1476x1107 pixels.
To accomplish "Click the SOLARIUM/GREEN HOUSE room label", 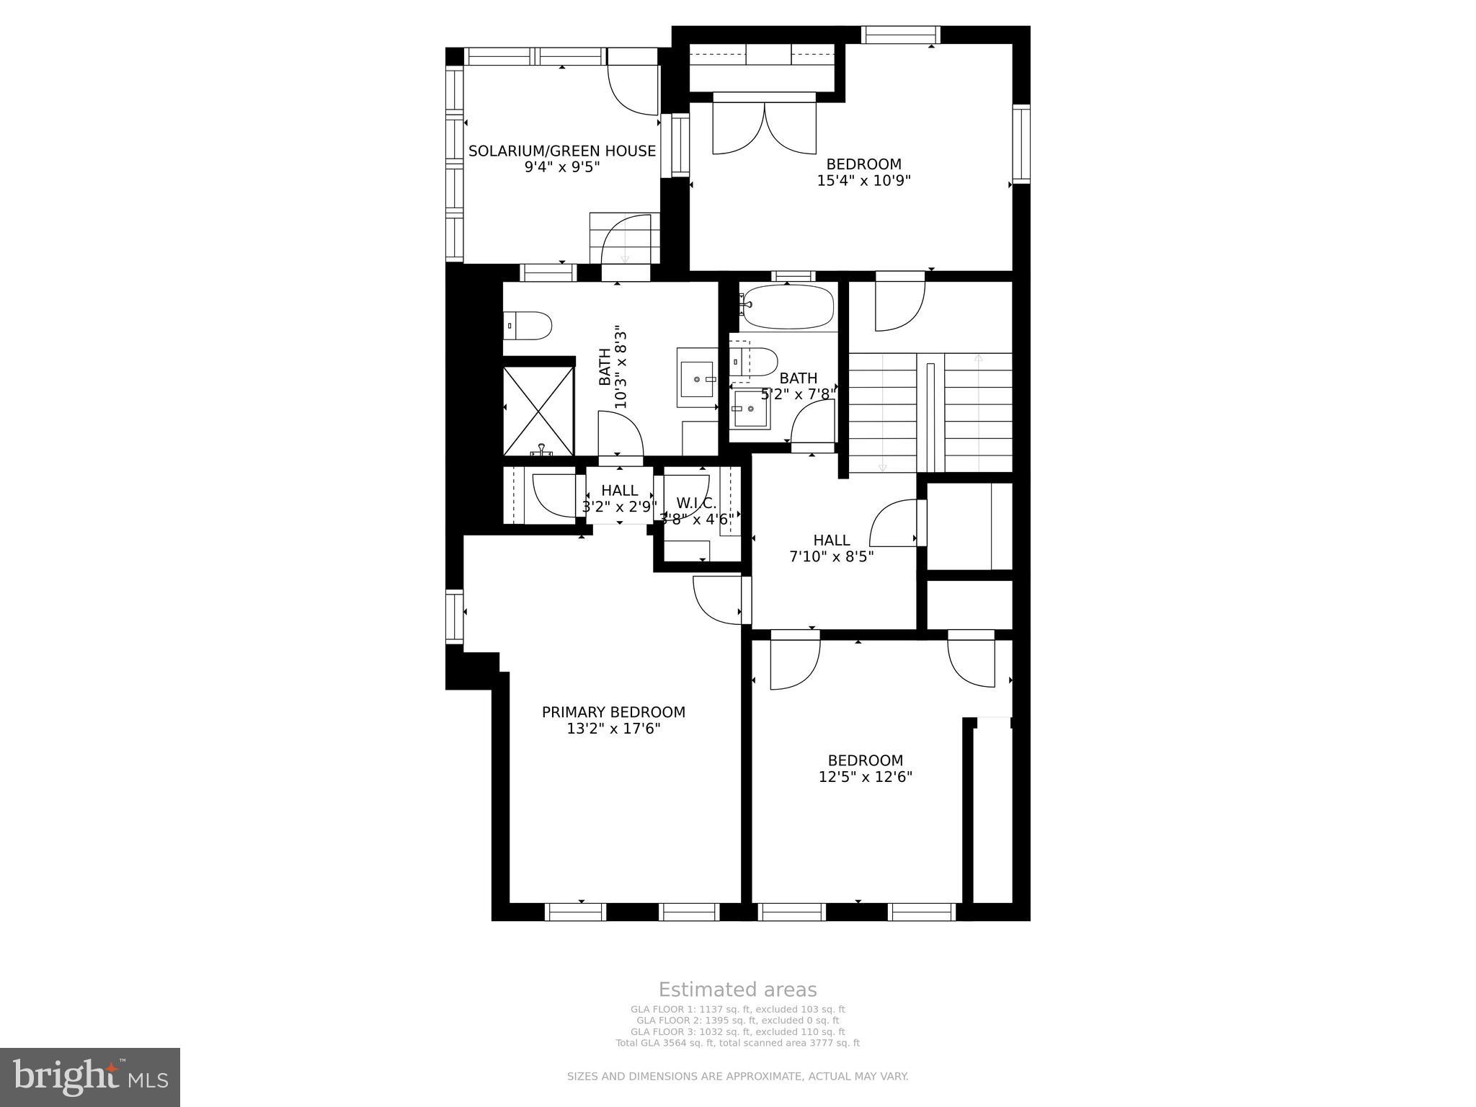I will pyautogui.click(x=562, y=151).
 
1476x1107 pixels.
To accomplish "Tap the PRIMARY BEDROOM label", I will pyautogui.click(x=613, y=712).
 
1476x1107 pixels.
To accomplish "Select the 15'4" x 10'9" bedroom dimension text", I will pyautogui.click(x=863, y=181).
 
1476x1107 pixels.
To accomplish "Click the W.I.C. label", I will pyautogui.click(x=696, y=503).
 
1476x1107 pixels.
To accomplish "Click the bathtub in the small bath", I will pyautogui.click(x=788, y=308).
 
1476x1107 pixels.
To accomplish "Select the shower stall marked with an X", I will pyautogui.click(x=538, y=412).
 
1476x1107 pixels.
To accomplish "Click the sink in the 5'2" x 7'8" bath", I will pyautogui.click(x=750, y=409).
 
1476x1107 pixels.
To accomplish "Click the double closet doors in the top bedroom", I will pyautogui.click(x=764, y=128).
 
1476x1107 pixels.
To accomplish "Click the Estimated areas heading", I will pyautogui.click(x=737, y=990).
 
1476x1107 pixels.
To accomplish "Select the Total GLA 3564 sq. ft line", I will pyautogui.click(x=737, y=1043).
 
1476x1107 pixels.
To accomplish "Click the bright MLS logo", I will pyautogui.click(x=90, y=1076).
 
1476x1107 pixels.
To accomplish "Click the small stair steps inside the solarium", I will pyautogui.click(x=624, y=239).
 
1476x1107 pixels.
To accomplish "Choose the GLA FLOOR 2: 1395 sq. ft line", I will pyautogui.click(x=737, y=1021).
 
